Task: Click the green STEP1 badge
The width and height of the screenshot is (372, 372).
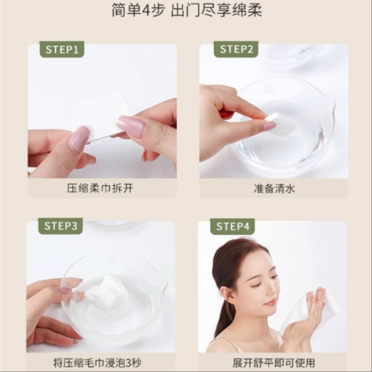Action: (62, 49)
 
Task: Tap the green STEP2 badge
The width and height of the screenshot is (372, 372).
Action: (236, 49)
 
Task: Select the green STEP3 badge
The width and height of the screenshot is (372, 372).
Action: (61, 226)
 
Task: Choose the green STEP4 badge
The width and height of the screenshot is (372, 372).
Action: (232, 227)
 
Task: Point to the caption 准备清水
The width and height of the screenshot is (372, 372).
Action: (273, 188)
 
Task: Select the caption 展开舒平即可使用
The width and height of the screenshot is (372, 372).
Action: (273, 364)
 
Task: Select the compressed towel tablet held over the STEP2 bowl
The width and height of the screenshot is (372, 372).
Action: (281, 123)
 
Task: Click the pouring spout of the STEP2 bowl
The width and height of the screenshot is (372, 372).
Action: (332, 106)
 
